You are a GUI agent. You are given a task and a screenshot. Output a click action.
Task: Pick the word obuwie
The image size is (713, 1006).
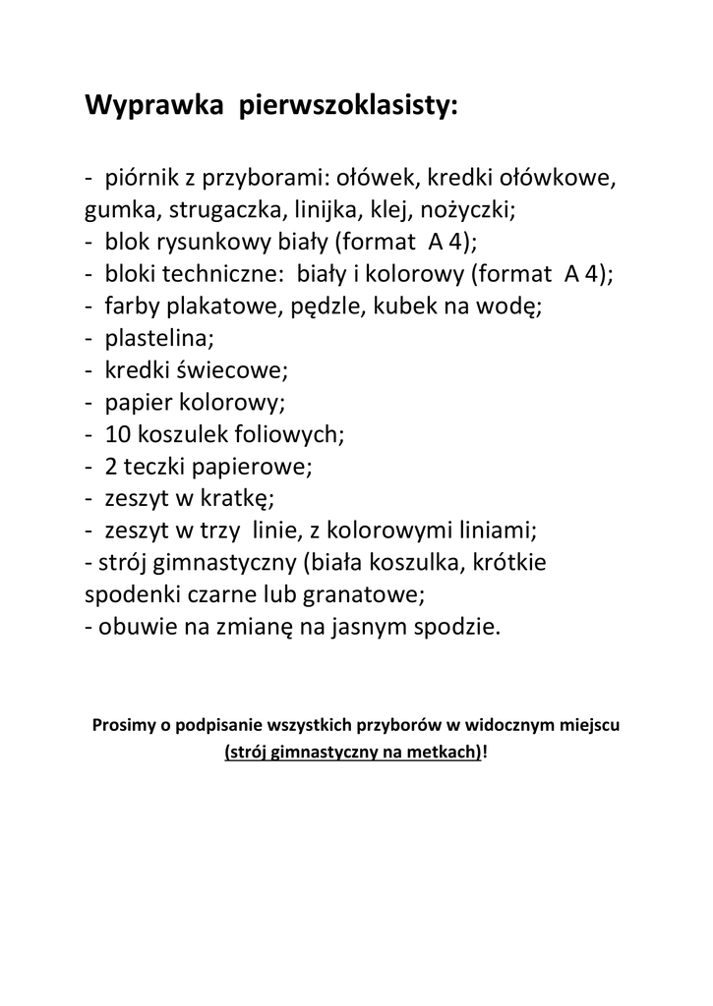tap(136, 628)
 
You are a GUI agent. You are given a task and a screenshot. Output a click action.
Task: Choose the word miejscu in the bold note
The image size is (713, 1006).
tap(586, 726)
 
